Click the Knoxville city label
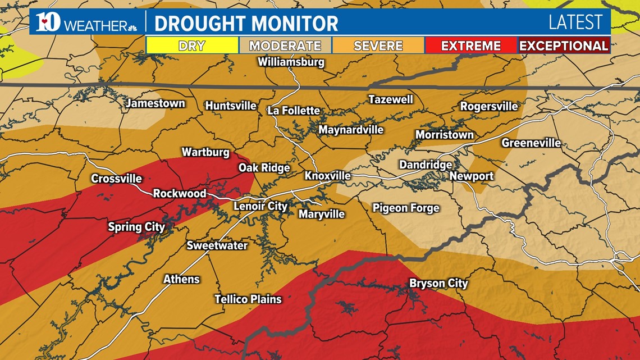point(327,176)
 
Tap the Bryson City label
point(438,283)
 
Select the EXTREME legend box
point(470,45)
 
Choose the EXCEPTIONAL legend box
point(563,45)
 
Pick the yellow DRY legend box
point(191,45)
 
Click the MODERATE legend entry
point(285,45)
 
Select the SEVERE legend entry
point(378,45)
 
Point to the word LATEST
point(575,22)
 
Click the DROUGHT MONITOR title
point(246,24)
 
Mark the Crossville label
point(117,179)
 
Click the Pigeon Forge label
point(406,208)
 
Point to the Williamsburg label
point(291,62)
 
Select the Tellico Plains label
point(248,299)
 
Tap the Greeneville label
point(531,143)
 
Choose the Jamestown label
point(155,103)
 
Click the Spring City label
point(136,227)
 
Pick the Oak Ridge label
point(264,167)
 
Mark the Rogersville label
point(488,106)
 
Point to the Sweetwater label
point(217,245)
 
